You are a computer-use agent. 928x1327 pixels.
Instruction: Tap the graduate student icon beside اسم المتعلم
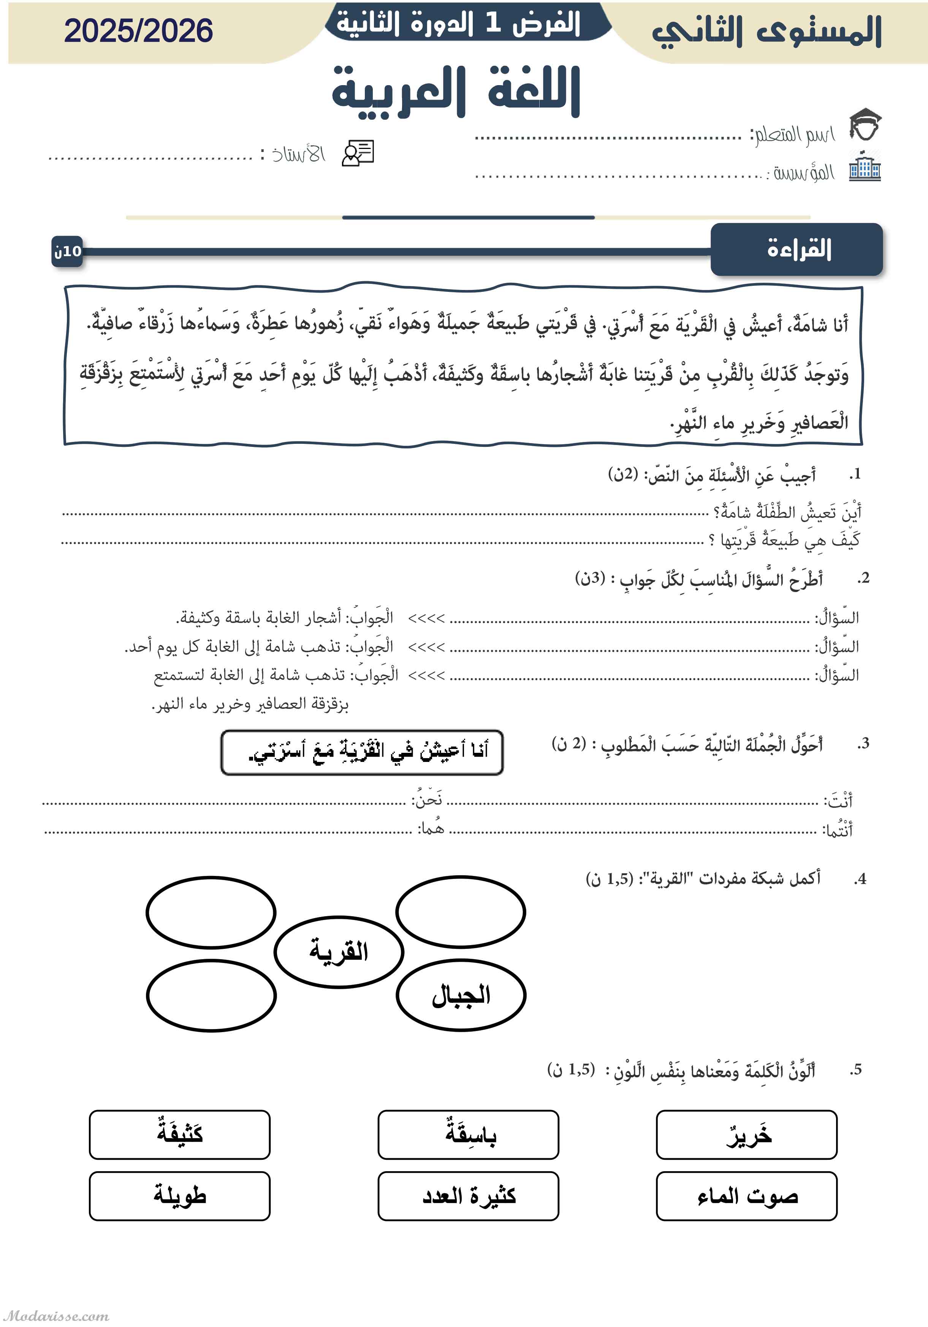tap(865, 124)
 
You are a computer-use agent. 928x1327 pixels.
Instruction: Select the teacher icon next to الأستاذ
tap(358, 153)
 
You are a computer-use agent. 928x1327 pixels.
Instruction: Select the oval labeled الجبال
tap(461, 995)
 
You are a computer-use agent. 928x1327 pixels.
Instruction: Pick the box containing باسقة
tap(468, 1135)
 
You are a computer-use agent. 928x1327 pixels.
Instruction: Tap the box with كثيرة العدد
tap(468, 1196)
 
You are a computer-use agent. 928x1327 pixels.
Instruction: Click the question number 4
tap(860, 879)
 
